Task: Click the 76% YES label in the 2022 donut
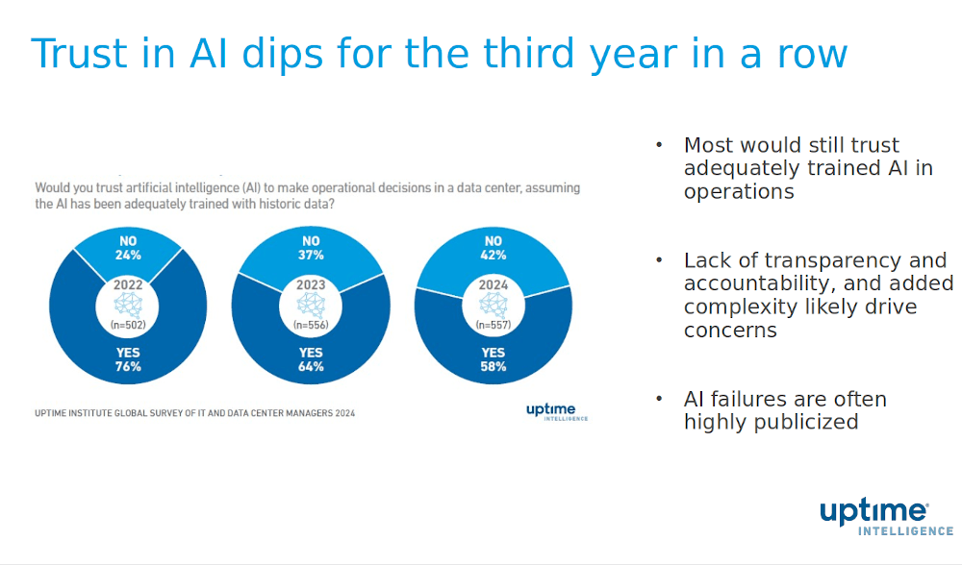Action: pyautogui.click(x=128, y=359)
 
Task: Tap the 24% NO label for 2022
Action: pyautogui.click(x=129, y=248)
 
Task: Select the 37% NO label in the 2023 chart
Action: pyautogui.click(x=311, y=248)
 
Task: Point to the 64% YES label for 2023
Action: pyautogui.click(x=311, y=359)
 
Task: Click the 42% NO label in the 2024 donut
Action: pyautogui.click(x=493, y=248)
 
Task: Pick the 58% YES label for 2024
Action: pyautogui.click(x=493, y=359)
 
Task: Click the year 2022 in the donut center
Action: pyautogui.click(x=128, y=285)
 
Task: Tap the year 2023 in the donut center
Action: pyautogui.click(x=311, y=285)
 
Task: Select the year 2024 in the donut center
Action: pyautogui.click(x=493, y=285)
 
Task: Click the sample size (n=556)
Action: pyautogui.click(x=311, y=325)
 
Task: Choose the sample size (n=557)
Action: pyautogui.click(x=493, y=325)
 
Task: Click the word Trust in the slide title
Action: pyautogui.click(x=80, y=54)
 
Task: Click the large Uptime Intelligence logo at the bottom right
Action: pyautogui.click(x=886, y=517)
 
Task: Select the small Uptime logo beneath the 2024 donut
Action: pyautogui.click(x=556, y=411)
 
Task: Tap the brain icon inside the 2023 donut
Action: pyautogui.click(x=311, y=305)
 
